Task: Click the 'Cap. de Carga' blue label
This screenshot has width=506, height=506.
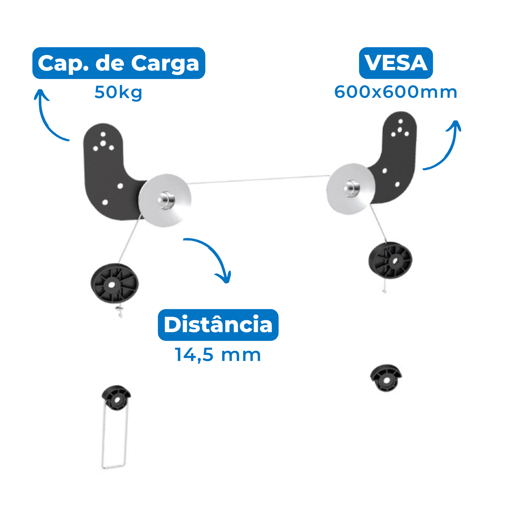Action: coord(118,63)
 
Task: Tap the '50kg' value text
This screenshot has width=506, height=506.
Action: coord(118,92)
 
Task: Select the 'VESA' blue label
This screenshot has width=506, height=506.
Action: coord(396,63)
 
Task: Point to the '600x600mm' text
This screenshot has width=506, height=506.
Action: coord(396,92)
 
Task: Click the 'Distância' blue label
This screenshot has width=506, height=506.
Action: coord(218,325)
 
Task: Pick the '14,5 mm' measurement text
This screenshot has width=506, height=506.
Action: coord(218,355)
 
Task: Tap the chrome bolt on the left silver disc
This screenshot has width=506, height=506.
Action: coord(166,200)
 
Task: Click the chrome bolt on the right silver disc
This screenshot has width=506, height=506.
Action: coord(351,188)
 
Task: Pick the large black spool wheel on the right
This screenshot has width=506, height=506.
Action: coord(390,260)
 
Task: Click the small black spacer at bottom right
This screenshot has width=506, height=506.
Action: coord(386,378)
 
